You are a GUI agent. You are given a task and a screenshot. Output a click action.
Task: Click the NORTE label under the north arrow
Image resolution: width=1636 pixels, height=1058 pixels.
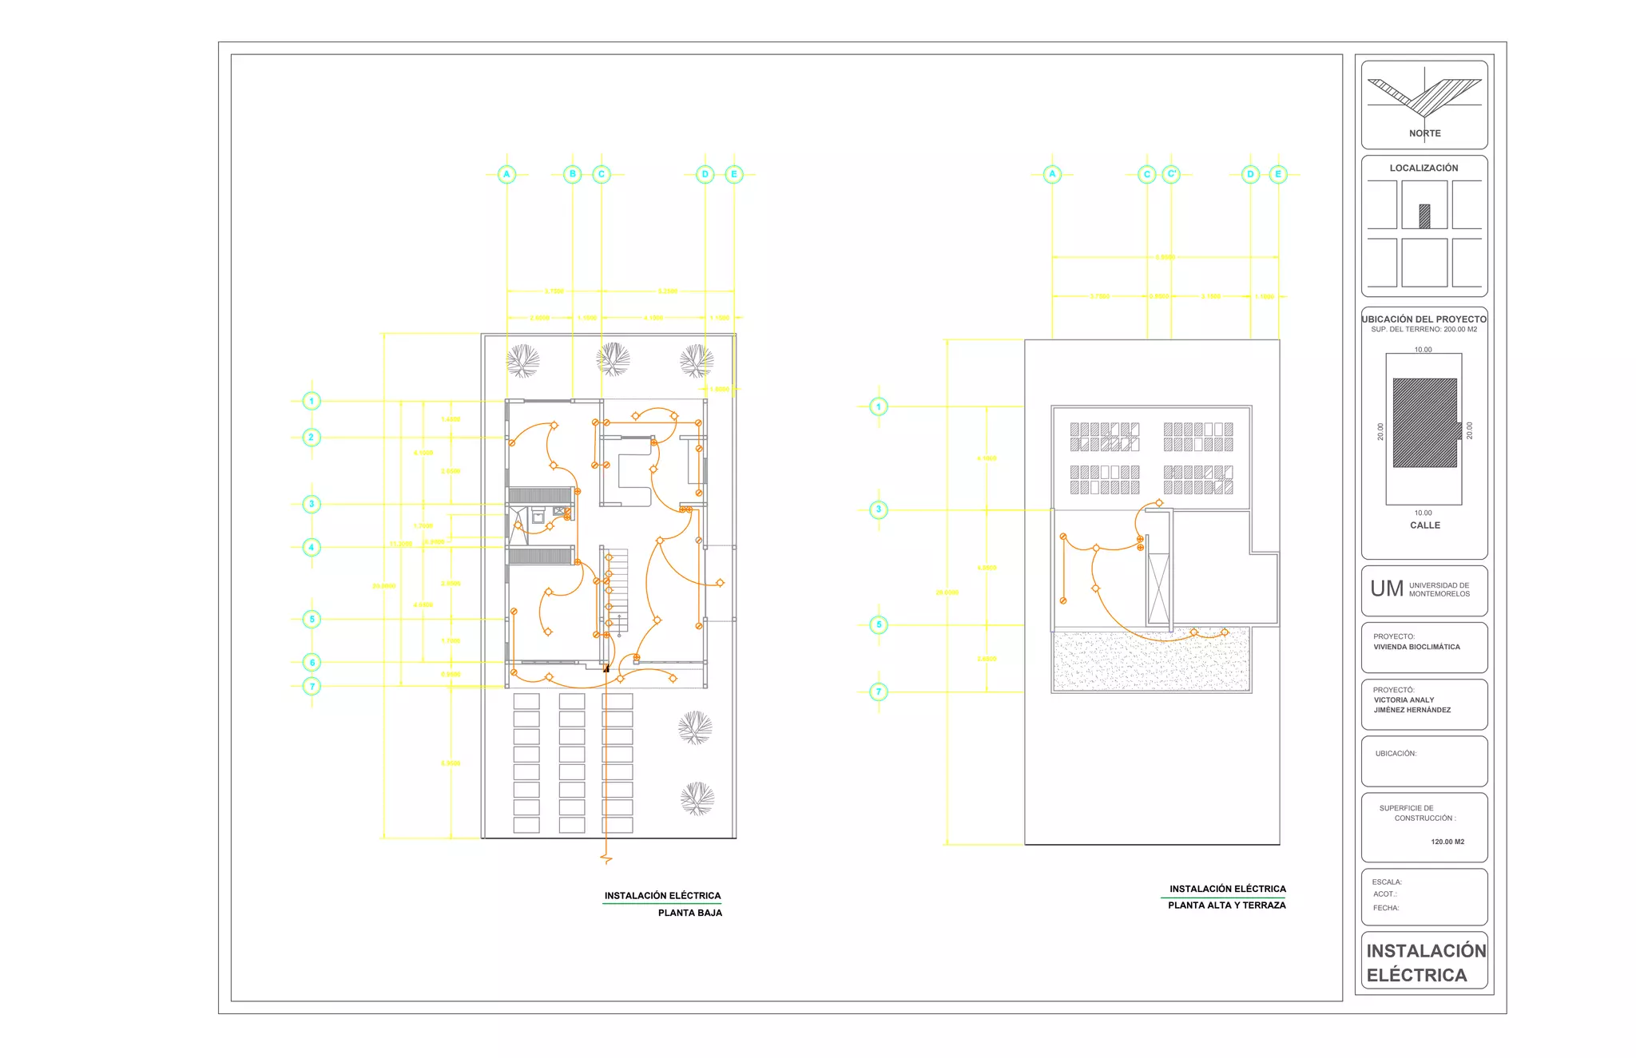[x=1424, y=133]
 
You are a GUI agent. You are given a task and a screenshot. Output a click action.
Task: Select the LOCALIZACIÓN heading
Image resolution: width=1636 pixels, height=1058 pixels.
[x=1424, y=168]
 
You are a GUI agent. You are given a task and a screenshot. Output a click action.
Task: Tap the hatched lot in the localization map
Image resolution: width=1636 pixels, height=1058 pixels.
[x=1424, y=216]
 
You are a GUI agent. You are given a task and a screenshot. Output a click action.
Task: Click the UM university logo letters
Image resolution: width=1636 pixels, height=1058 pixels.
[x=1386, y=589]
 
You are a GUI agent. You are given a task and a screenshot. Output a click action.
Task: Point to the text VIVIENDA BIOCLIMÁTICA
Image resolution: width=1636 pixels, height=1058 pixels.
[x=1416, y=647]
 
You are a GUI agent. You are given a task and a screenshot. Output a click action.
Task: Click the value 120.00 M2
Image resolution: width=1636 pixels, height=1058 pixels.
[x=1447, y=842]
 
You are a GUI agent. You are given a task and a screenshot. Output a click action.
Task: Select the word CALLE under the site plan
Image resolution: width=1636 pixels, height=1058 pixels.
[x=1424, y=525]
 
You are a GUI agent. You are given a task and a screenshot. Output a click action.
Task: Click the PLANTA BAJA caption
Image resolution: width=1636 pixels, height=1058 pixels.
[x=689, y=913]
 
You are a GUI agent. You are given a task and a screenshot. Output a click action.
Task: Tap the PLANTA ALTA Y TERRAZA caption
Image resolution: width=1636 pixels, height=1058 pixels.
[x=1226, y=905]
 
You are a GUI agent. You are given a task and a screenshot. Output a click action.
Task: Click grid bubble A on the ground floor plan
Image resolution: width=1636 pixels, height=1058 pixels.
[x=506, y=174]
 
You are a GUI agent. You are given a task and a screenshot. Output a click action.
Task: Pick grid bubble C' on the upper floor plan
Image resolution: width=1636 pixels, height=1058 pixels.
[x=1171, y=174]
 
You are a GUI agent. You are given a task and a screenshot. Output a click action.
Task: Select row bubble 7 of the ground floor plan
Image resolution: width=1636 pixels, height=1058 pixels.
[x=312, y=686]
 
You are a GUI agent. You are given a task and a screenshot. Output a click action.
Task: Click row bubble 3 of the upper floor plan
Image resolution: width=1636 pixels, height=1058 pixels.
[x=879, y=509]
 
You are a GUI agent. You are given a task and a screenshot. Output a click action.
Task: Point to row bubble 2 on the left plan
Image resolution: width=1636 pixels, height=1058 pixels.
[x=312, y=437]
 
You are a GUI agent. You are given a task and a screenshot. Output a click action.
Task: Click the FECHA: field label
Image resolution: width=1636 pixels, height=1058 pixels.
[x=1386, y=908]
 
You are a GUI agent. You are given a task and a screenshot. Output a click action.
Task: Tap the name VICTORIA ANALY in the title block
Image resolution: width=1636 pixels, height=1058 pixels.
[x=1404, y=699]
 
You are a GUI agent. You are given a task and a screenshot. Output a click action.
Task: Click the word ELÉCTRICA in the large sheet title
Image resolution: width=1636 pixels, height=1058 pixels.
[x=1416, y=975]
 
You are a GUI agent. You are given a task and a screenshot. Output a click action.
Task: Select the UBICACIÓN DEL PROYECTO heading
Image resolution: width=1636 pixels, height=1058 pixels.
[x=1424, y=319]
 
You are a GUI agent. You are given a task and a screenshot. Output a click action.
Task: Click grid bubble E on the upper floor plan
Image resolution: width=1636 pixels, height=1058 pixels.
[x=1278, y=174]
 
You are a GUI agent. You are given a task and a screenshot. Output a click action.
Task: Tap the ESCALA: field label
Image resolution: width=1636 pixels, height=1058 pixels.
[x=1387, y=882]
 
